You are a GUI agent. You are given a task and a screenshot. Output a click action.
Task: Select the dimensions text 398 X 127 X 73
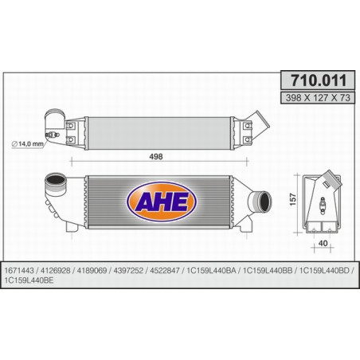[x=315, y=96]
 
